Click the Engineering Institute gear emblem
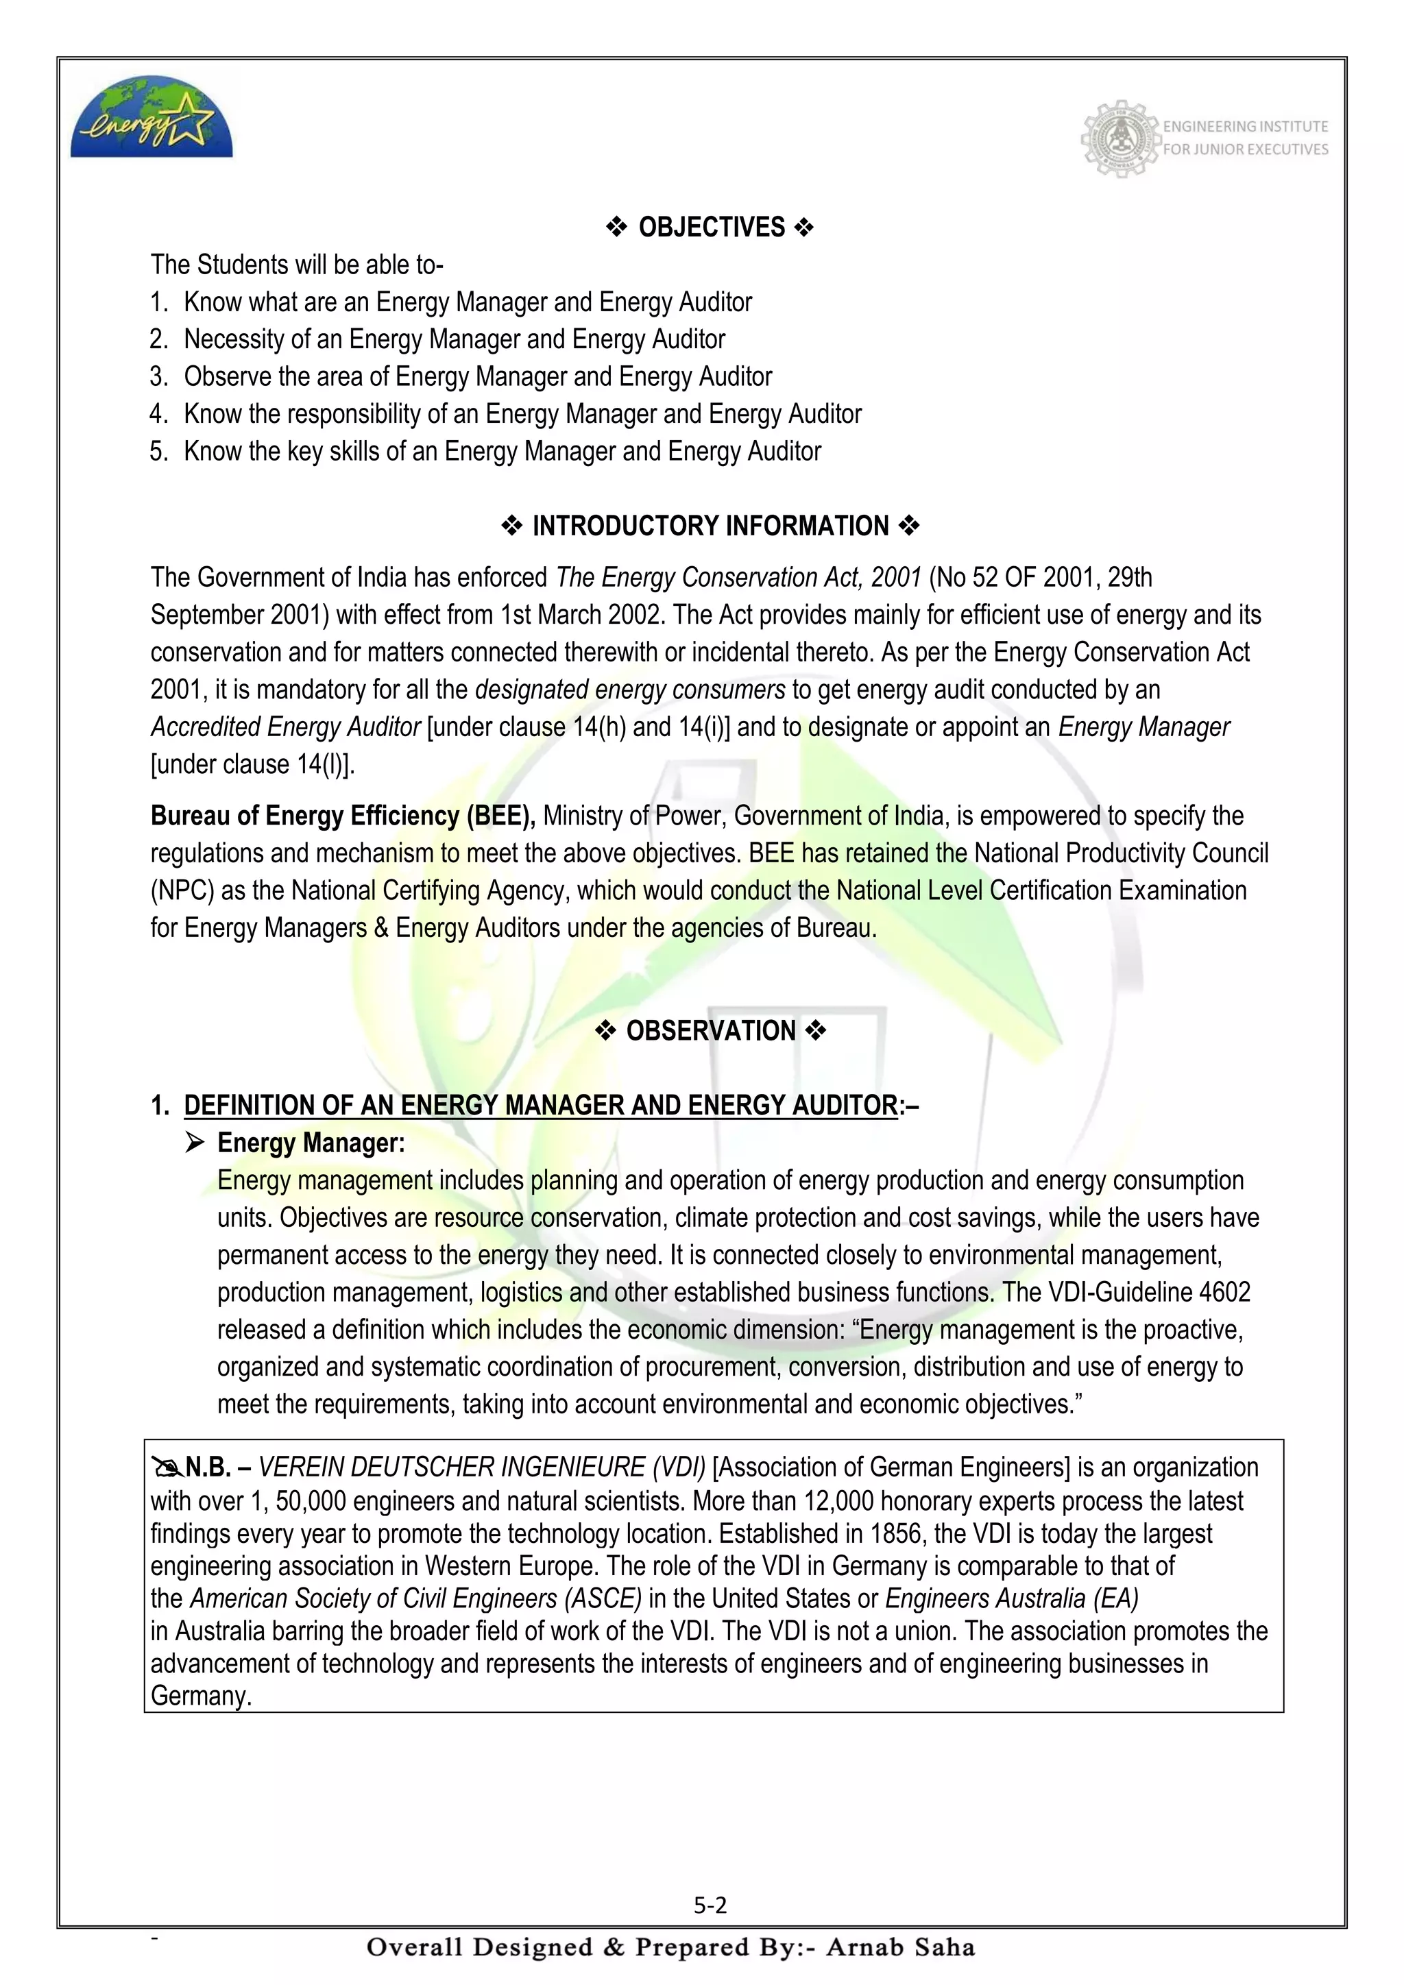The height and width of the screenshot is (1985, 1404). (1120, 138)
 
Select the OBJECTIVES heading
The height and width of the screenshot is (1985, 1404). (711, 228)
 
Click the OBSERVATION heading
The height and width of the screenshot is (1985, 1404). (711, 1030)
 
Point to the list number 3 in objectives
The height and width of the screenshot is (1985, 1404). (158, 377)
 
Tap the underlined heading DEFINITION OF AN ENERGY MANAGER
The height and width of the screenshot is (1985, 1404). (540, 1105)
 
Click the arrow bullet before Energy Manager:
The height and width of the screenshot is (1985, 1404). (195, 1143)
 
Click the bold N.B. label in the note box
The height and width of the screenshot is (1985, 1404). (208, 1467)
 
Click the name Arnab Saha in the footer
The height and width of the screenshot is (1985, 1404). (901, 1947)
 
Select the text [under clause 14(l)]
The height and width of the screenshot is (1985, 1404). (253, 764)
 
